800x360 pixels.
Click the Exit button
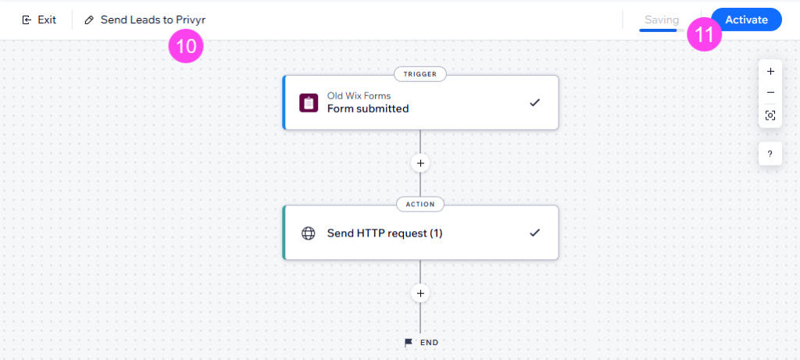click(x=39, y=20)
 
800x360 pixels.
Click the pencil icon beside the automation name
click(x=89, y=20)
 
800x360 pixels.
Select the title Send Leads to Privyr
click(x=153, y=20)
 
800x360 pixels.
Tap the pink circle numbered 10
click(x=186, y=46)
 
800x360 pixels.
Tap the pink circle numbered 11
click(x=704, y=34)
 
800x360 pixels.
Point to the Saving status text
click(x=662, y=20)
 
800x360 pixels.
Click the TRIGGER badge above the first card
click(x=420, y=74)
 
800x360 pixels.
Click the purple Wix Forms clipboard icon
click(x=309, y=102)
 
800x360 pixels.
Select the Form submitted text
click(x=368, y=109)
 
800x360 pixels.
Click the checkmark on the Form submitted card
click(x=534, y=102)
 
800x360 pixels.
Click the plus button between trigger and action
click(x=420, y=163)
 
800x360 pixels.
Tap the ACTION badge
click(x=420, y=204)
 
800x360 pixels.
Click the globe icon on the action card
click(x=308, y=233)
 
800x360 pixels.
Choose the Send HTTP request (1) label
click(x=384, y=233)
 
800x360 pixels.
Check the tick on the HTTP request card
click(x=534, y=233)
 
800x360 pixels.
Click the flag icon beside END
click(x=409, y=343)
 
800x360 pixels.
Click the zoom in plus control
click(x=770, y=71)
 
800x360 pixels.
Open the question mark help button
click(x=770, y=154)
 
